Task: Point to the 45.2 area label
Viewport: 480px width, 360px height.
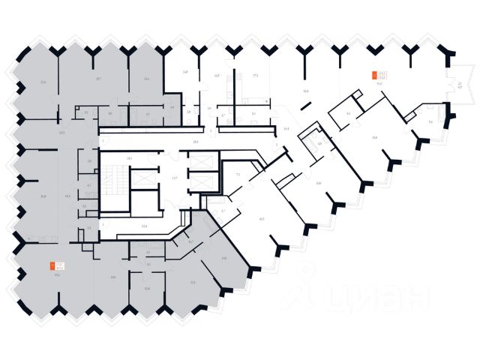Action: coord(56,275)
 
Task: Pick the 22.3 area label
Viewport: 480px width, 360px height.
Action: coord(193,282)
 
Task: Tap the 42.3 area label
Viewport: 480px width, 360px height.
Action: coord(262,219)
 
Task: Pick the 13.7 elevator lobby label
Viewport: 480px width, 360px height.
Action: coord(174,178)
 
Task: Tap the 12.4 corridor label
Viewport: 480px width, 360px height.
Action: coord(144,225)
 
